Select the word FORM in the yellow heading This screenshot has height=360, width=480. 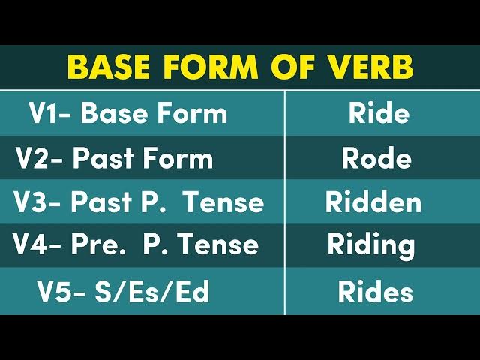(x=213, y=67)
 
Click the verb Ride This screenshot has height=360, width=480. (x=379, y=114)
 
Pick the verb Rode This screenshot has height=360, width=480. (x=376, y=158)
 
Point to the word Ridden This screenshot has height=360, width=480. (x=373, y=202)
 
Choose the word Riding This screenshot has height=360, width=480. (x=370, y=245)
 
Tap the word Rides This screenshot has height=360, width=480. (x=375, y=292)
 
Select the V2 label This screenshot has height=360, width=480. (x=34, y=158)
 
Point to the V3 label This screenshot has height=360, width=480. (x=33, y=202)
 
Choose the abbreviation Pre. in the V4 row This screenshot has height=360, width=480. (x=97, y=244)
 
